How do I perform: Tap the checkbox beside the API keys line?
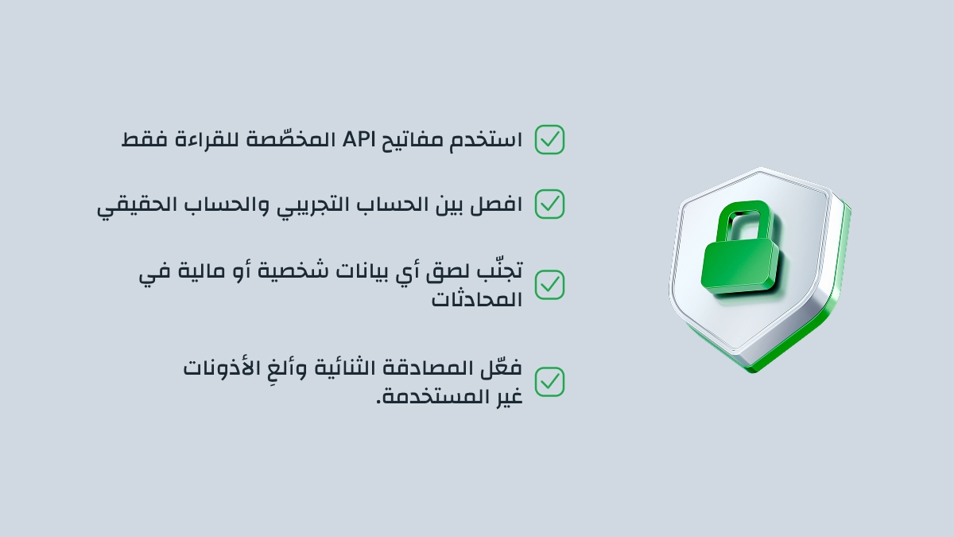(x=549, y=140)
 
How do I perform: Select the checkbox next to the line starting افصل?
(x=549, y=204)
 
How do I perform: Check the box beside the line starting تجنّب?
(x=549, y=284)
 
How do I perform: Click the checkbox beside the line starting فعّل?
(x=549, y=382)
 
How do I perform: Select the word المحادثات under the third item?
(x=477, y=299)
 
